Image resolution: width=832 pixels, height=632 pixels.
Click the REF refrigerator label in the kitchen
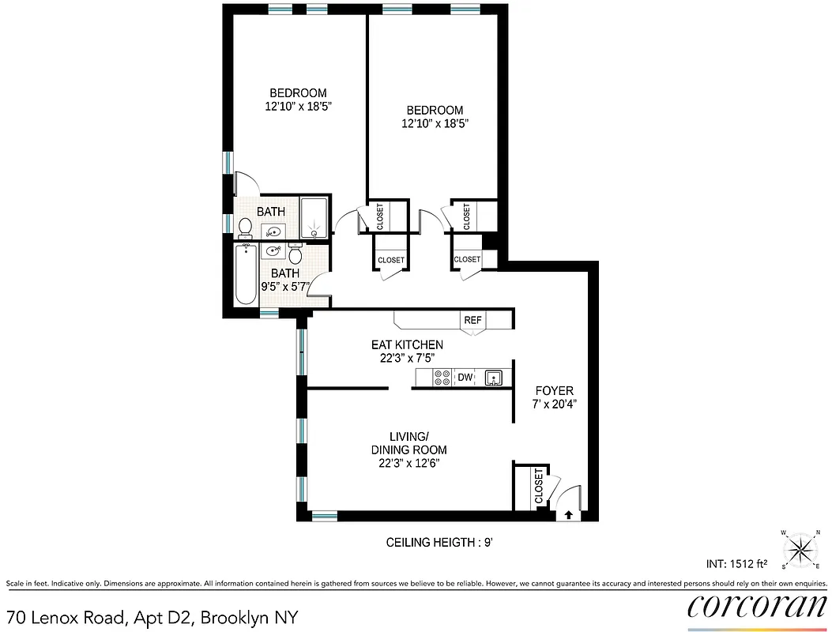pos(473,320)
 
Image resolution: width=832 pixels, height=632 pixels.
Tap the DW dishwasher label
pos(465,378)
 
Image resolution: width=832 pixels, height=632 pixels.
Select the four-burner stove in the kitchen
pos(442,378)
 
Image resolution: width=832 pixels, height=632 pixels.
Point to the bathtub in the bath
pos(247,273)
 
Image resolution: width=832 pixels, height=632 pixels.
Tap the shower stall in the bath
pos(314,217)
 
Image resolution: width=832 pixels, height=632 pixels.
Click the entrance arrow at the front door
pos(568,514)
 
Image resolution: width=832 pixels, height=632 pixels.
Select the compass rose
pos(802,547)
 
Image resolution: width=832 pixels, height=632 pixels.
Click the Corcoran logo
pos(757,607)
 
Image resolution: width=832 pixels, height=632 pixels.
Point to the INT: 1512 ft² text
pos(737,565)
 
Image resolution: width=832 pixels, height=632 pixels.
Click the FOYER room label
pos(555,391)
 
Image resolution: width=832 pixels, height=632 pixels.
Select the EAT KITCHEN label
pos(407,344)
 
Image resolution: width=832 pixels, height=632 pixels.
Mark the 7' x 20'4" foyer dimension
pos(555,404)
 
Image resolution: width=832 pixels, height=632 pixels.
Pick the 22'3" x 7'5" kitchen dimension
pos(407,357)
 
